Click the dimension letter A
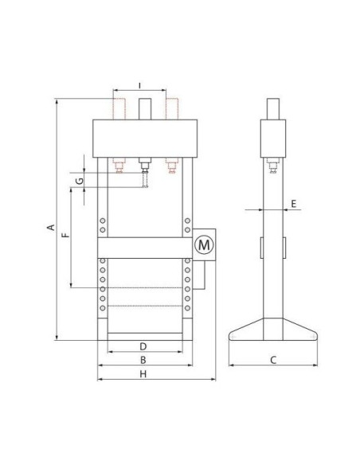pos(51,227)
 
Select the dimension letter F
pos(65,235)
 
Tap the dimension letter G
pos(80,181)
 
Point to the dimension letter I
pos(140,86)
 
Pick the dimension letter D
pos(143,346)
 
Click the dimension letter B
pos(143,360)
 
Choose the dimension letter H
pos(143,374)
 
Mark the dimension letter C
pos(273,360)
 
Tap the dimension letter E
pos(293,204)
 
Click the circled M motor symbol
pos(204,245)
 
